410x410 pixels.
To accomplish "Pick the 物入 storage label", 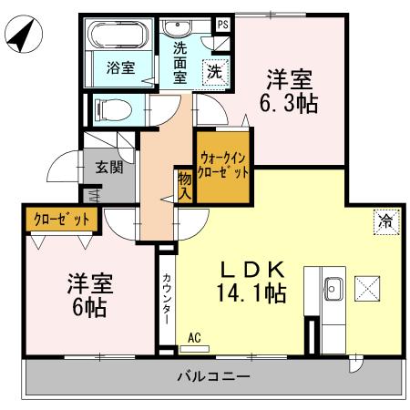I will [185, 186].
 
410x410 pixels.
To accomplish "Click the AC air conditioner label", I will [193, 337].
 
